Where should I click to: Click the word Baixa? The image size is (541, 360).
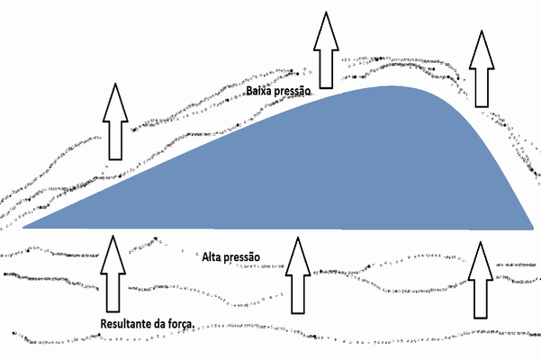258,91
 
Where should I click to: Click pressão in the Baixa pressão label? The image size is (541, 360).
292,92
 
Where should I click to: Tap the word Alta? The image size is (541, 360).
212,256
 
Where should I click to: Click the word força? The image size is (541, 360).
181,325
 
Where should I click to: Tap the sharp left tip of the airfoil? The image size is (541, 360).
23,228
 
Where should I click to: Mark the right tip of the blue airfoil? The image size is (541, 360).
534,229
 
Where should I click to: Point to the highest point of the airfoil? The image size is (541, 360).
392,85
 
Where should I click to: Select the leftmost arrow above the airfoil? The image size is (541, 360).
115,121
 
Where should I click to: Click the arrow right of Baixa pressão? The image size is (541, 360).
326,50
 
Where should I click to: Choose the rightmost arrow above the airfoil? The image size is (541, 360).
482,68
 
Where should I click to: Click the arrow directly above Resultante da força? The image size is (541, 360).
113,274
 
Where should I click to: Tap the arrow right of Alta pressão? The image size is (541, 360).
298,275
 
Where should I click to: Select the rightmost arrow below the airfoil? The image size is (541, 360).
481,280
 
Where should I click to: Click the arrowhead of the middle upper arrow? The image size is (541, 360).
326,31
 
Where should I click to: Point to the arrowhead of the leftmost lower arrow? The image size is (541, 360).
113,255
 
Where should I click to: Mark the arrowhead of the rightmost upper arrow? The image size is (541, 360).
482,49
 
